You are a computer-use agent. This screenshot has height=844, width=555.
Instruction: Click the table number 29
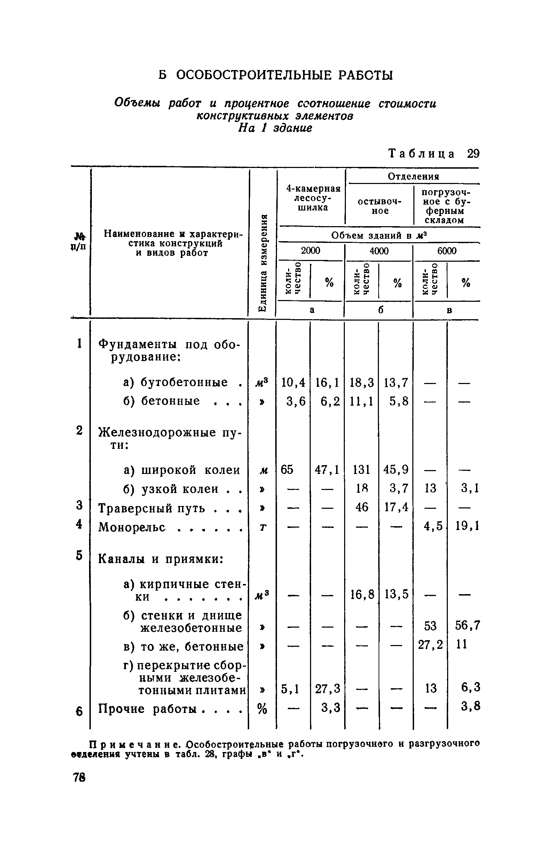[473, 154]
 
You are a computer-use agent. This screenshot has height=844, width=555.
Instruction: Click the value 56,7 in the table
[467, 626]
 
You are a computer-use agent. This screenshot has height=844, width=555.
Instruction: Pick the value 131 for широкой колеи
[362, 470]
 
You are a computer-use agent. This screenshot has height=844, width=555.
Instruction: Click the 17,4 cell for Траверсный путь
[396, 507]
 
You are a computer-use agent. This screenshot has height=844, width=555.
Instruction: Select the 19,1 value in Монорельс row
[467, 526]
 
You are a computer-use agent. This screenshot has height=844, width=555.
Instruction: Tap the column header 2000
[310, 251]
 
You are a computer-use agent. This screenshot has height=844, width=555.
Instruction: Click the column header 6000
[447, 251]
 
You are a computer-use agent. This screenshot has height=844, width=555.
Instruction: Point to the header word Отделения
[413, 176]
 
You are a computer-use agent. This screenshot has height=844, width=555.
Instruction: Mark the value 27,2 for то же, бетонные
[430, 645]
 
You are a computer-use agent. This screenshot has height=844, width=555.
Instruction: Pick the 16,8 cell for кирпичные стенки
[362, 594]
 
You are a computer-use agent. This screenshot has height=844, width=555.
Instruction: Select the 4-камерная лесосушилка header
[313, 198]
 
